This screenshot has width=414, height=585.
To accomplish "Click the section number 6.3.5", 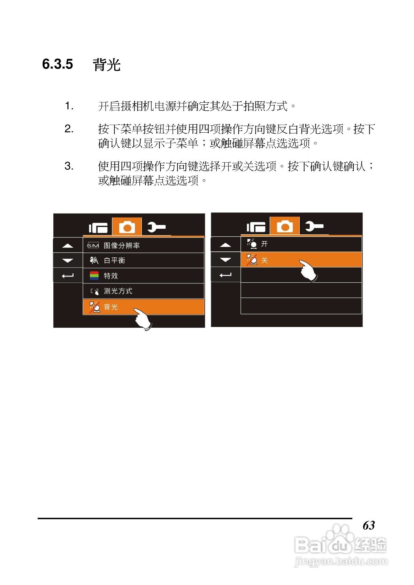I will click(x=58, y=64).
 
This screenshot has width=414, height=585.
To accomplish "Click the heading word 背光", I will click(x=107, y=65).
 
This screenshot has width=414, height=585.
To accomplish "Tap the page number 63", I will click(x=369, y=525).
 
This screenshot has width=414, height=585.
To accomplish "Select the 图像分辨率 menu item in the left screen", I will click(x=122, y=245).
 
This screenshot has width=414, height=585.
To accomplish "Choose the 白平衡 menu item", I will click(x=114, y=260).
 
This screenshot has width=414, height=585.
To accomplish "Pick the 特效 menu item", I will click(x=111, y=276).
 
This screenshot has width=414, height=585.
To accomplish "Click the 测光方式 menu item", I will click(x=118, y=291).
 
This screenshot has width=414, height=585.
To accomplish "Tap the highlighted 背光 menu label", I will click(x=111, y=307).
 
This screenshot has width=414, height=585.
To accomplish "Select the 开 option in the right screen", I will click(x=264, y=244).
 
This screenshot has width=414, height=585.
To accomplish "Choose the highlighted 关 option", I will click(x=264, y=260).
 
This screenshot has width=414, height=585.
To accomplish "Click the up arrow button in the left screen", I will click(x=68, y=245).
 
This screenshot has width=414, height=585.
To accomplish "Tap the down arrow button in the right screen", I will click(x=225, y=260).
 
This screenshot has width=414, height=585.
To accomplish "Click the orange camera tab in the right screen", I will click(x=285, y=226).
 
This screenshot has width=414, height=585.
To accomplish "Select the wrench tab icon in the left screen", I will click(x=156, y=227).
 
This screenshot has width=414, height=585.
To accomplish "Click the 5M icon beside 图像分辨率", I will click(x=93, y=245).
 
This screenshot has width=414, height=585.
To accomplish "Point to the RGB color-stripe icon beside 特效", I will click(x=94, y=276).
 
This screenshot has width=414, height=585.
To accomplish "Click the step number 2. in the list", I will click(x=69, y=129).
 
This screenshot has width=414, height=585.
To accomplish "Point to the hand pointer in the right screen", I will click(x=309, y=271).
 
